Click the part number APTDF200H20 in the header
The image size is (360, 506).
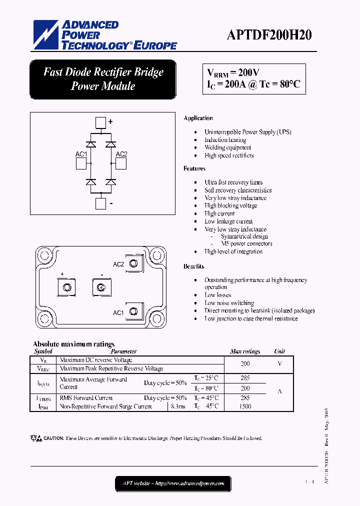[x=269, y=34]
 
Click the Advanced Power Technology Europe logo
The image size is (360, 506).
[x=105, y=35]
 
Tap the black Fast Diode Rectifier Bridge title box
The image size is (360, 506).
[x=103, y=79]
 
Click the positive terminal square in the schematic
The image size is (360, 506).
[x=101, y=122]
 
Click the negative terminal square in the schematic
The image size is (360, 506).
[x=101, y=203]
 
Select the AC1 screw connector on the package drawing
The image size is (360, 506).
[x=133, y=312]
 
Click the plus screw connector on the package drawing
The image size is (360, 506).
[x=67, y=287]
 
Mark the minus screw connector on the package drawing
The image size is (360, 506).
[x=100, y=287]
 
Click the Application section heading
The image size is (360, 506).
[x=198, y=118]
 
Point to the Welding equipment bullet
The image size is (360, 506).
[x=227, y=147]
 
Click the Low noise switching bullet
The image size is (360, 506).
[x=229, y=303]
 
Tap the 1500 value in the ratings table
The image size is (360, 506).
[x=245, y=406]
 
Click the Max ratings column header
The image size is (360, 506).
[x=245, y=351]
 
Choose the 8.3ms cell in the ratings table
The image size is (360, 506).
[x=178, y=406]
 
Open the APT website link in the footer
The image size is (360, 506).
[x=173, y=483]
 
